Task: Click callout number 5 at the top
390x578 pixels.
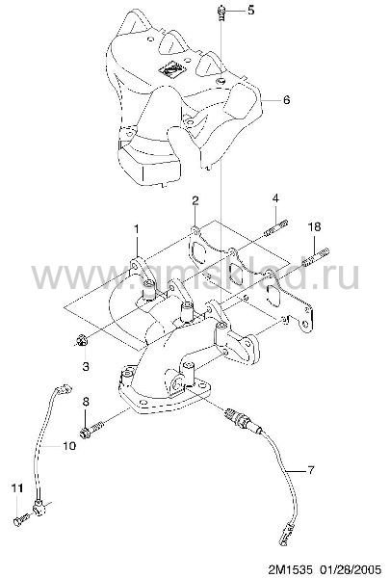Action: click(x=250, y=10)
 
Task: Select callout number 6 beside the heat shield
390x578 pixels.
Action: click(x=286, y=99)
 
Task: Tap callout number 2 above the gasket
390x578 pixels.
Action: click(x=195, y=200)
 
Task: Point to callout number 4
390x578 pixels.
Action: click(x=275, y=198)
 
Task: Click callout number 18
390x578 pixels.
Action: click(x=314, y=226)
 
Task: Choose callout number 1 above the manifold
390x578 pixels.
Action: click(x=137, y=229)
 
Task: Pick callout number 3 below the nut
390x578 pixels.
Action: click(x=86, y=366)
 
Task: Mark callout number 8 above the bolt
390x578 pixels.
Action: click(x=86, y=402)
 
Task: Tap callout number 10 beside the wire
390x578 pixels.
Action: click(x=69, y=446)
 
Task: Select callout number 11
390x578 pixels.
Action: click(x=17, y=488)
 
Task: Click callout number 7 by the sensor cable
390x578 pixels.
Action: click(x=311, y=470)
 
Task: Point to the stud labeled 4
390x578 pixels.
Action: click(x=275, y=228)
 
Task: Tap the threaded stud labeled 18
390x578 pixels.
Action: click(x=316, y=256)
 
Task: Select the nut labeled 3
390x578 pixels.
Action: click(x=81, y=340)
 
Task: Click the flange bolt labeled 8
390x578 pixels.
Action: click(x=91, y=428)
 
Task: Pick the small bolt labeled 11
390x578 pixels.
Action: click(x=21, y=519)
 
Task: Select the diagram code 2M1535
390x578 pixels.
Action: click(x=290, y=568)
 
